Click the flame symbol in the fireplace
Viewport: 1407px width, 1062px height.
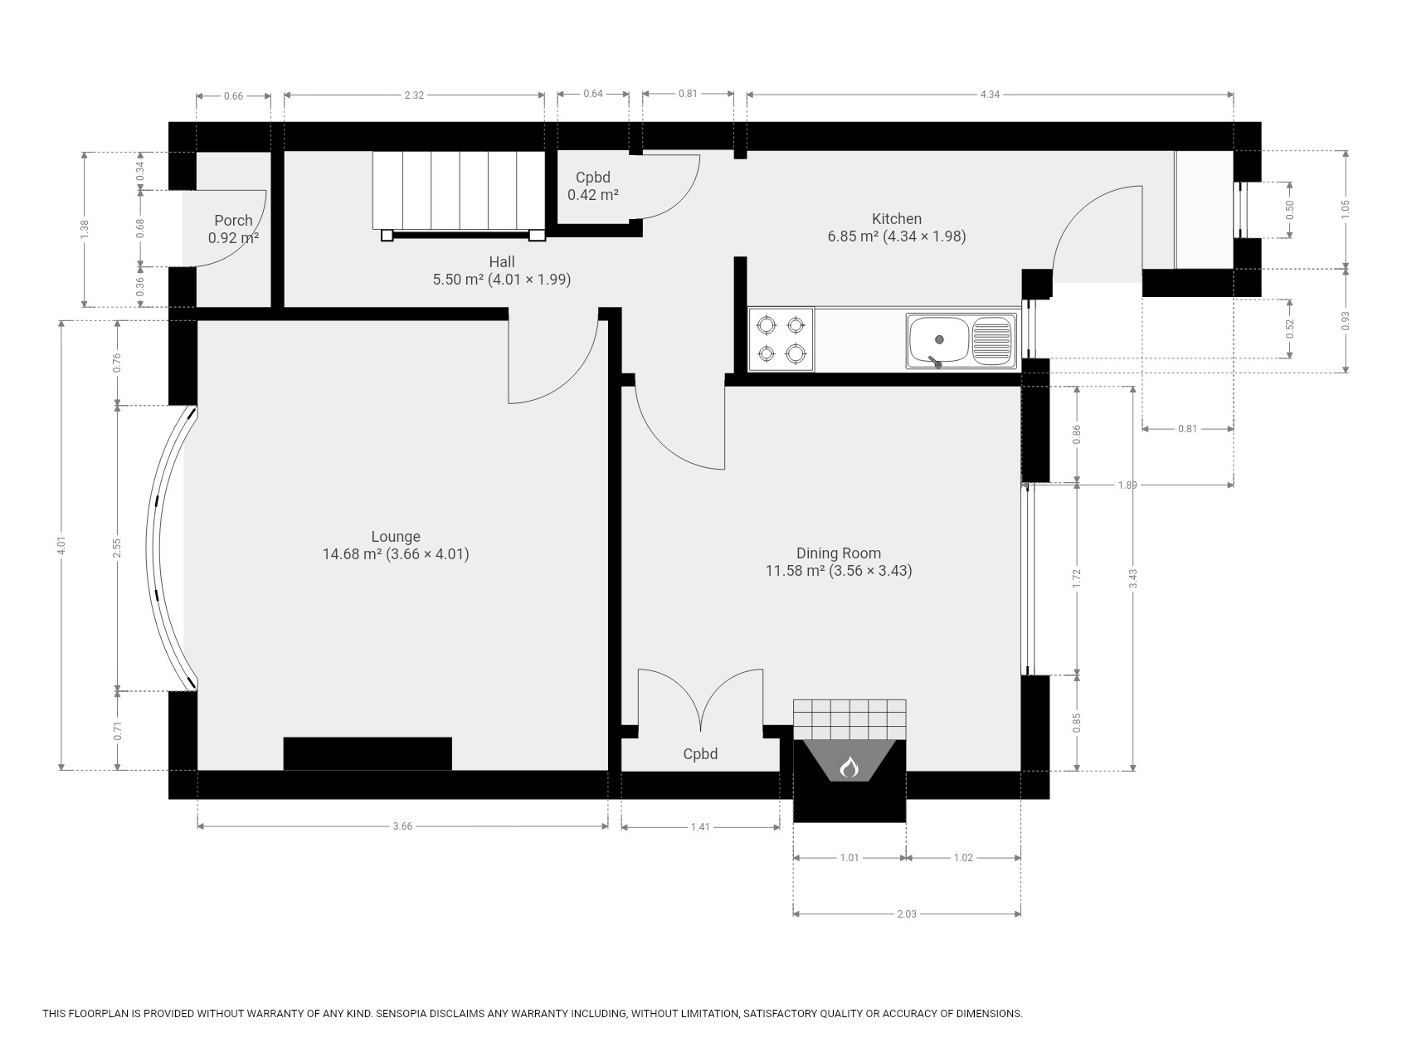(x=849, y=767)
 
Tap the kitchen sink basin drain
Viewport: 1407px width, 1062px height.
(x=939, y=339)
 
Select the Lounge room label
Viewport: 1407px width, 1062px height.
(x=396, y=537)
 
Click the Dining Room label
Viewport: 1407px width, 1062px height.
(x=839, y=553)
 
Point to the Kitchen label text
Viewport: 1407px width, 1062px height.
(x=897, y=219)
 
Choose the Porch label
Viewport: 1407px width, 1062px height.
(x=233, y=221)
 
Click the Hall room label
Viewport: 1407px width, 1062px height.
(x=502, y=262)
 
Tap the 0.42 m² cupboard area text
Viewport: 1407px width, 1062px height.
(x=593, y=195)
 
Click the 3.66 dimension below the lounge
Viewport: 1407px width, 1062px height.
(x=402, y=826)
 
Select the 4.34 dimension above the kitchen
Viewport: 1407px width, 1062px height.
(x=990, y=95)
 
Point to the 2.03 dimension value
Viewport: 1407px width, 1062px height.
(x=907, y=914)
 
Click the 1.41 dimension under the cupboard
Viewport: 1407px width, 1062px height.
(x=700, y=827)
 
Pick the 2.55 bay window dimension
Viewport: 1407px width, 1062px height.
(x=118, y=548)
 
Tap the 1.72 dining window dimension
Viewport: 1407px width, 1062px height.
(x=1077, y=578)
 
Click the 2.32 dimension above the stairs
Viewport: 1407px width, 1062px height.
(x=414, y=95)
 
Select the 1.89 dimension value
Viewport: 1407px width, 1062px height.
(x=1127, y=485)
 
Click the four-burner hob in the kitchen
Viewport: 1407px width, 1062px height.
(x=781, y=339)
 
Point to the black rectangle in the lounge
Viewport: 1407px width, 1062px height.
(x=368, y=753)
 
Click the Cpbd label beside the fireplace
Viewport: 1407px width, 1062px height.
(x=700, y=754)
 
